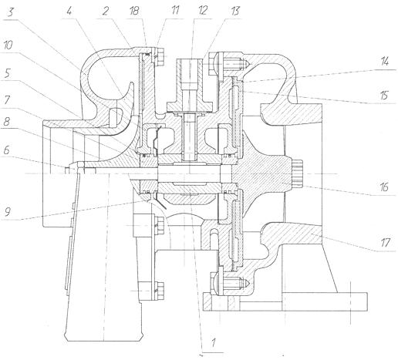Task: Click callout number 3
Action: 10,12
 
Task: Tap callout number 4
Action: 69,12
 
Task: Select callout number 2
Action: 105,12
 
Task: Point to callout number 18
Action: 134,12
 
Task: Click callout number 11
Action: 174,12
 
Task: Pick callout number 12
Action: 203,12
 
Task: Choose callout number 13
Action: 234,12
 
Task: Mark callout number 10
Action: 8,45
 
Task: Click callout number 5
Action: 7,73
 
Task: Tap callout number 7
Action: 7,100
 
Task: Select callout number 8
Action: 7,122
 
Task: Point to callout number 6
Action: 6,150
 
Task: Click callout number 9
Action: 7,212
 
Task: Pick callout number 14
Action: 384,62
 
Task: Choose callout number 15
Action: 383,96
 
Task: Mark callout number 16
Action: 384,187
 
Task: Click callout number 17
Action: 385,243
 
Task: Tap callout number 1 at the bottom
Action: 213,343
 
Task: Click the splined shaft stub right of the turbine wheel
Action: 297,173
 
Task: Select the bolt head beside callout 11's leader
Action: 160,57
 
